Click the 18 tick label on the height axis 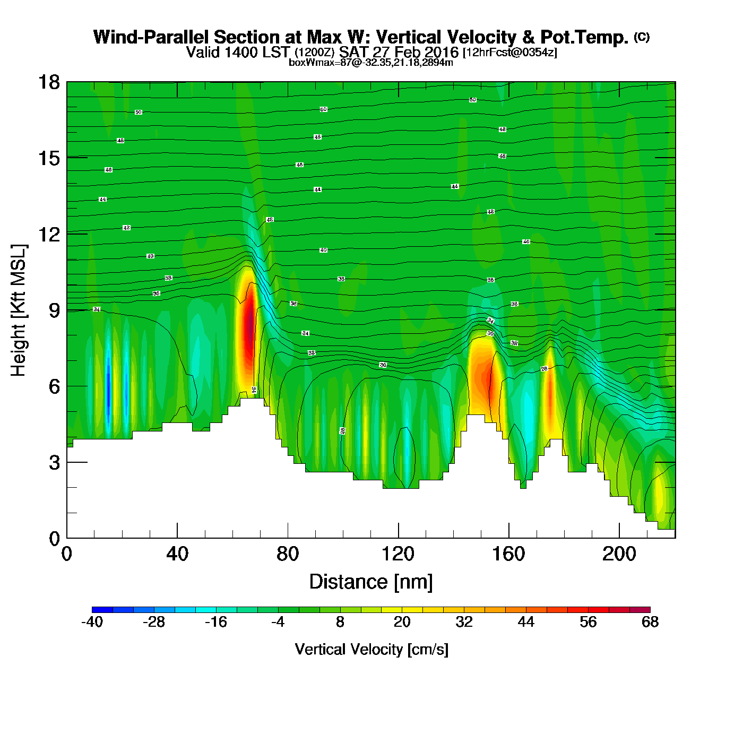[48, 82]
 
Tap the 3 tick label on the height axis [54, 463]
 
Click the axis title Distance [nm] [371, 582]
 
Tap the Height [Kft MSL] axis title [19, 310]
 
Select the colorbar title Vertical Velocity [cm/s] [371, 650]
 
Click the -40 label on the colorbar [92, 622]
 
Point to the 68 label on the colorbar [650, 622]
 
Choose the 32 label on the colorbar [464, 622]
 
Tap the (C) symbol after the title [642, 37]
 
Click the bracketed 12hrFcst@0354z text [510, 53]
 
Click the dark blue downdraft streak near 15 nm [108, 393]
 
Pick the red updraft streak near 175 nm [550, 393]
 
